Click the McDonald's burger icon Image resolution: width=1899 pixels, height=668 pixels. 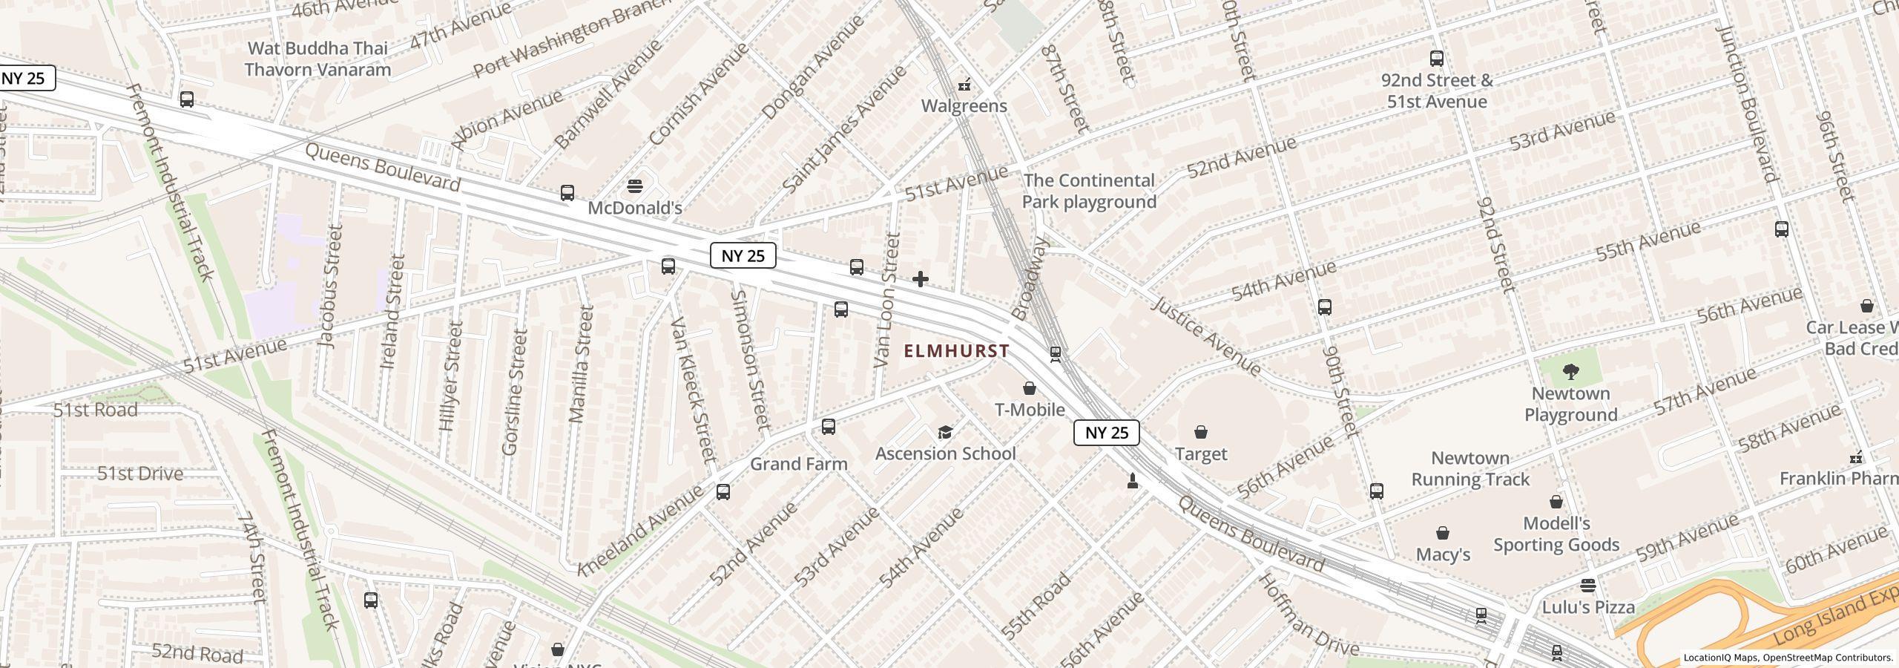tap(635, 186)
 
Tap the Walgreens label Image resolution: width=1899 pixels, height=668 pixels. tap(964, 106)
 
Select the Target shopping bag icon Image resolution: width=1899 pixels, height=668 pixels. tap(1200, 432)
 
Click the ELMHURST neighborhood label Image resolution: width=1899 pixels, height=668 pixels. tap(957, 351)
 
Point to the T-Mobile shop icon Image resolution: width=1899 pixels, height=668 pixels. tap(1030, 388)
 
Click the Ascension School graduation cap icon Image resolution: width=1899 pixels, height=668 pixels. tap(945, 432)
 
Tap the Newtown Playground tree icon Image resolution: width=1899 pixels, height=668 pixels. tap(1570, 371)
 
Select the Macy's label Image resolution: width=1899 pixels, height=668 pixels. tap(1443, 554)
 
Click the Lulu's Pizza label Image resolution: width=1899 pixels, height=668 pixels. tap(1588, 607)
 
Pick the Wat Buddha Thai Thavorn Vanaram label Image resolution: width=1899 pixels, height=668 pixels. tap(317, 59)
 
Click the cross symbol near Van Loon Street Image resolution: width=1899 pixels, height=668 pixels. tap(921, 279)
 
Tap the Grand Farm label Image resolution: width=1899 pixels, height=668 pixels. tap(798, 464)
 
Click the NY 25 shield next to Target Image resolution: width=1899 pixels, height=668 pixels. tap(1106, 433)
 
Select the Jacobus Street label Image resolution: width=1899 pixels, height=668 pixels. tap(330, 286)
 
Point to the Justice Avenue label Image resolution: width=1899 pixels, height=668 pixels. tap(1206, 336)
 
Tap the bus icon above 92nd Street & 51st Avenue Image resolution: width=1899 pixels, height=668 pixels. tap(1437, 59)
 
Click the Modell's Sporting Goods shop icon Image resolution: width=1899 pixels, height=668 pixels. tap(1556, 502)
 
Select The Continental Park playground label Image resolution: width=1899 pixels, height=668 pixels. tap(1089, 191)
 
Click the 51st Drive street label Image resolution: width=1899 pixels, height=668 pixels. tap(140, 474)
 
